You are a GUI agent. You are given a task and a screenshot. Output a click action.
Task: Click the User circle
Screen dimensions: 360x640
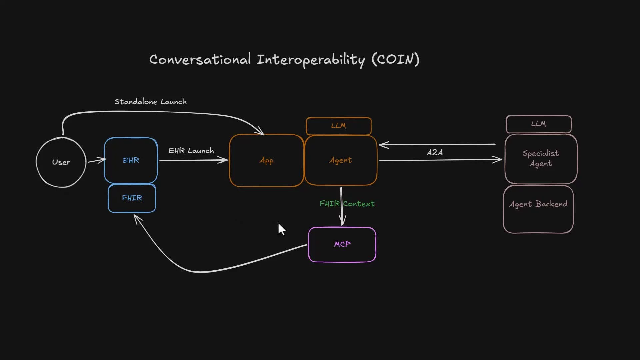(x=61, y=162)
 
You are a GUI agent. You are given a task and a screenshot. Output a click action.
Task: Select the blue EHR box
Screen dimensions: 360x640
(x=131, y=160)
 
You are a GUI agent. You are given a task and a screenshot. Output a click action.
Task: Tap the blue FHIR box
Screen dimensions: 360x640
(x=132, y=198)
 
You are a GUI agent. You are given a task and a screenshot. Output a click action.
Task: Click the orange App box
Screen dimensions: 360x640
(x=266, y=160)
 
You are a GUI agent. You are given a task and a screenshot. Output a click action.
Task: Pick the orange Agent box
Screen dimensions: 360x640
(x=341, y=160)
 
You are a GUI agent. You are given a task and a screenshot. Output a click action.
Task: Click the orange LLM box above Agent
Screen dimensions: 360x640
(x=339, y=126)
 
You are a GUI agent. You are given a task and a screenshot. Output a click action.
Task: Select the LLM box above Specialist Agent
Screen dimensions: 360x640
(x=539, y=124)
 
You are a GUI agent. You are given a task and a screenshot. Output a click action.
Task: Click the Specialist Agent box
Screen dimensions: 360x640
(x=541, y=159)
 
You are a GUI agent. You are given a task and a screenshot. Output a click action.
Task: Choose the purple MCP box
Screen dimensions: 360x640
(x=342, y=244)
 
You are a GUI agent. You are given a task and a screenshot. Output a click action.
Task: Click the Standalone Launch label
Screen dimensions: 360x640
(x=151, y=102)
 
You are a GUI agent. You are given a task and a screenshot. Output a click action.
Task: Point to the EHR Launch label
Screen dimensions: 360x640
(x=191, y=151)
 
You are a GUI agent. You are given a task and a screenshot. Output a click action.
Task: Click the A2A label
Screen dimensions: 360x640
(x=435, y=152)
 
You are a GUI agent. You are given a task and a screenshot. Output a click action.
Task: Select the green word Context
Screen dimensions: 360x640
(x=359, y=204)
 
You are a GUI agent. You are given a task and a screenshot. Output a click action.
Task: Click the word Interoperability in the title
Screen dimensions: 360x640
(x=311, y=60)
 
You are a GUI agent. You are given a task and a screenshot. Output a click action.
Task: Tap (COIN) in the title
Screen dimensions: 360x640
(x=395, y=59)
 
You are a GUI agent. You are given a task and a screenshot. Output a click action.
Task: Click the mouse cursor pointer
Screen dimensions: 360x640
(x=281, y=229)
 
